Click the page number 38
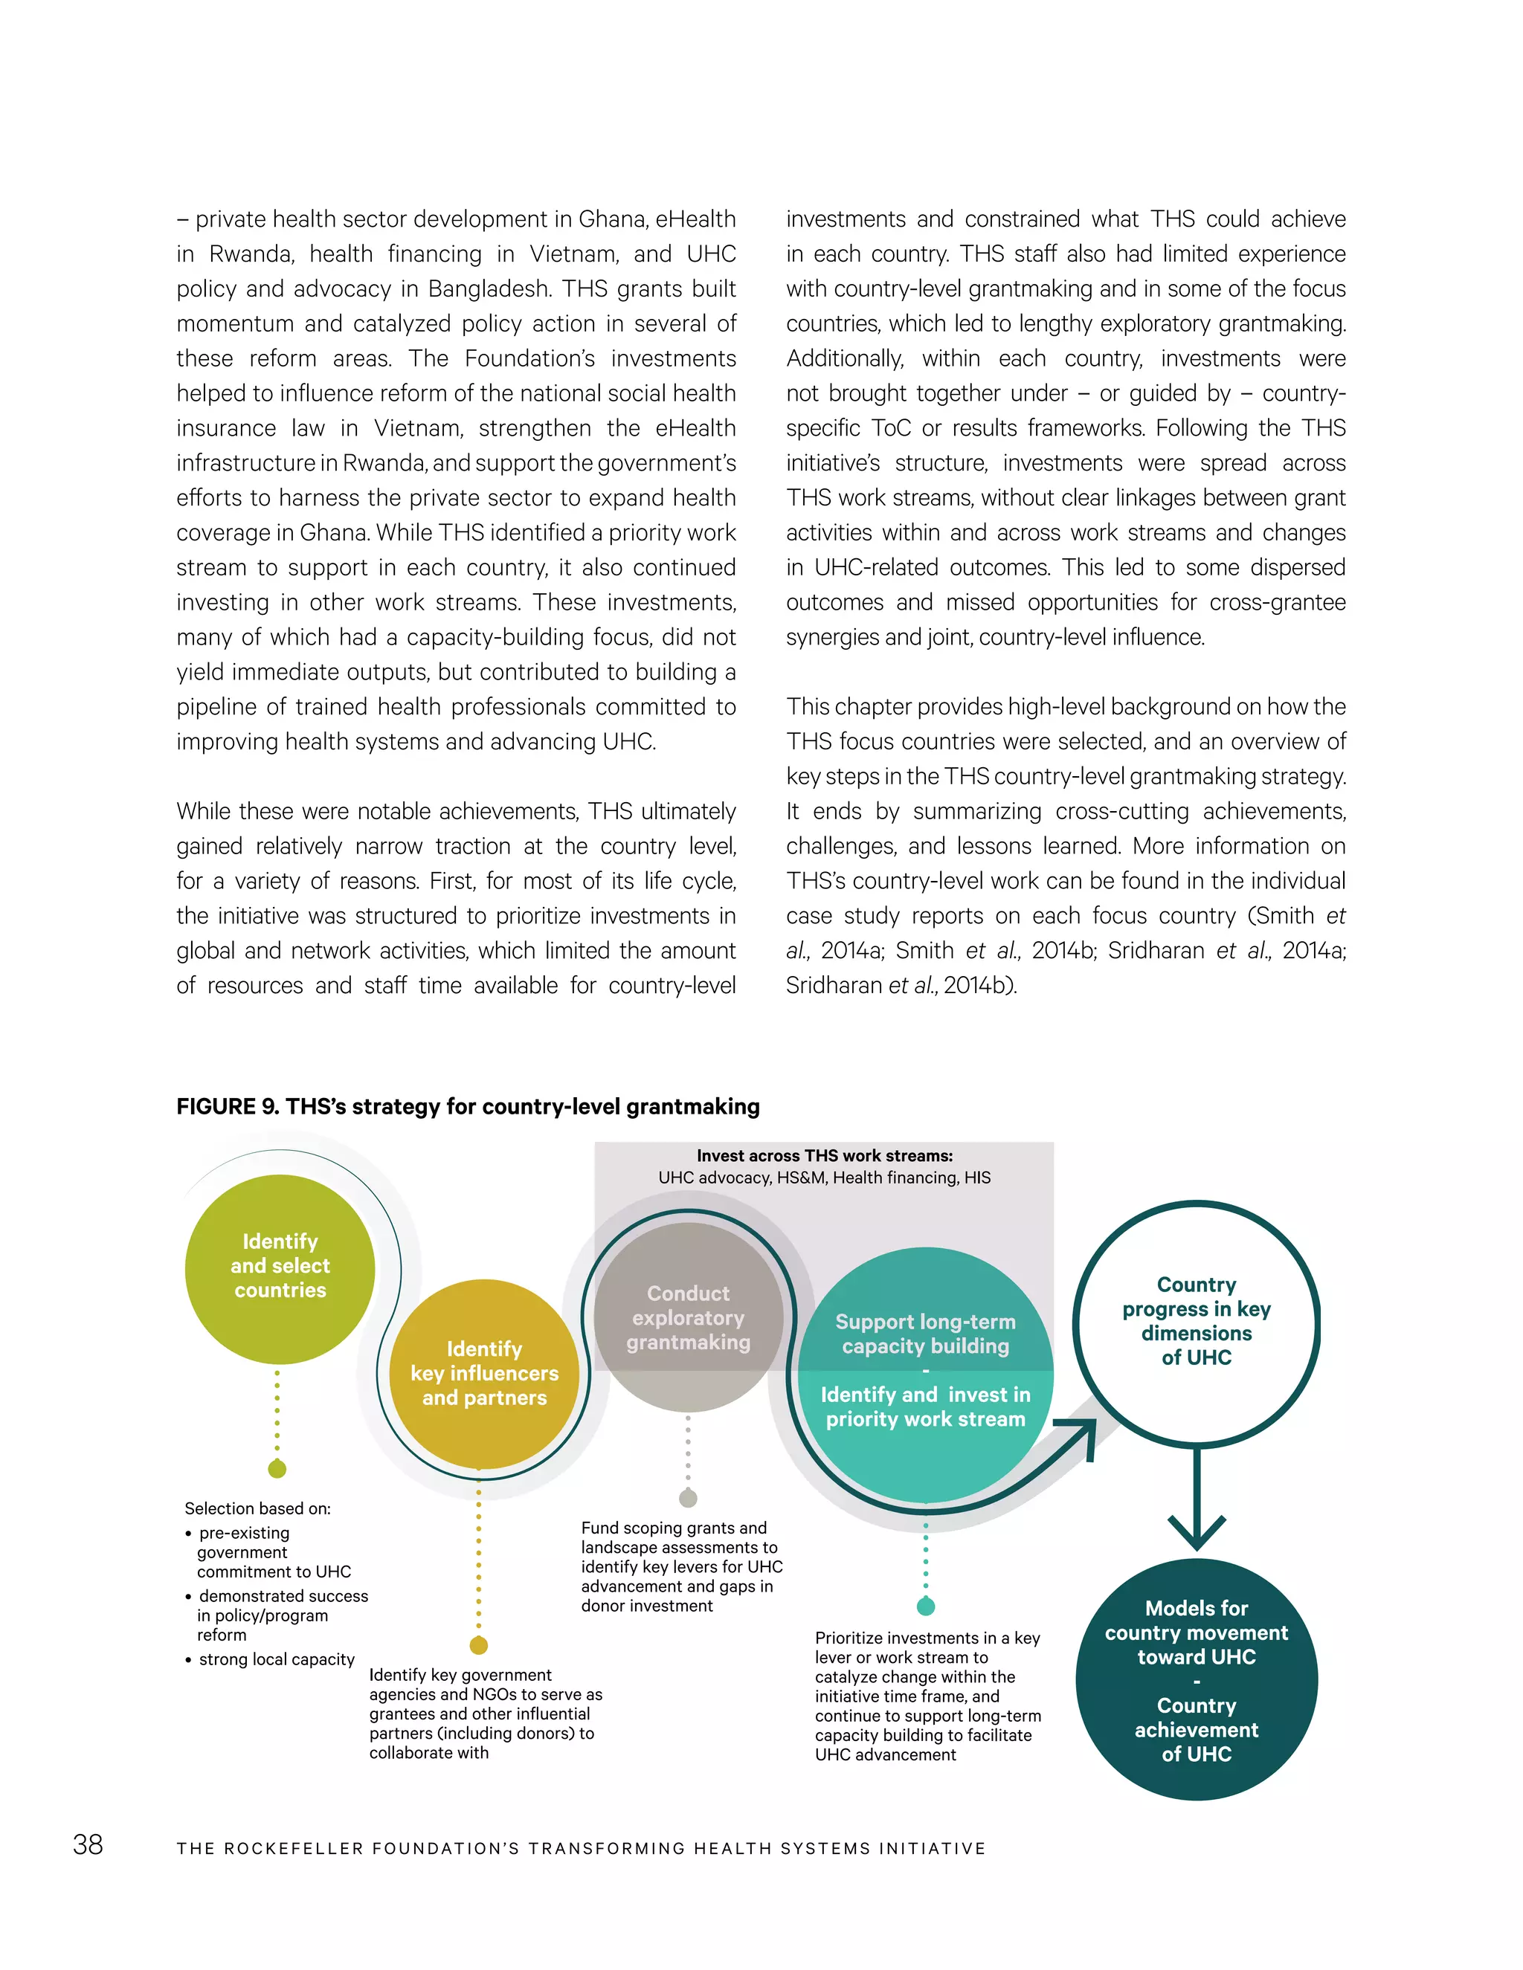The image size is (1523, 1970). coord(88,1844)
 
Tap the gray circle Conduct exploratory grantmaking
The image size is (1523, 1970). coord(688,1317)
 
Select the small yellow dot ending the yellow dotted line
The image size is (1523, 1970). coord(479,1645)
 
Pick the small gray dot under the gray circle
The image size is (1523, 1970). coord(688,1498)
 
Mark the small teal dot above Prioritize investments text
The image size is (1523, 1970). coord(926,1606)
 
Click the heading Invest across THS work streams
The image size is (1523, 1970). coord(824,1155)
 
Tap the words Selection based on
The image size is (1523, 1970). coord(257,1508)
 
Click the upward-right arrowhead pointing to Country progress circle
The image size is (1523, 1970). coord(1081,1433)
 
